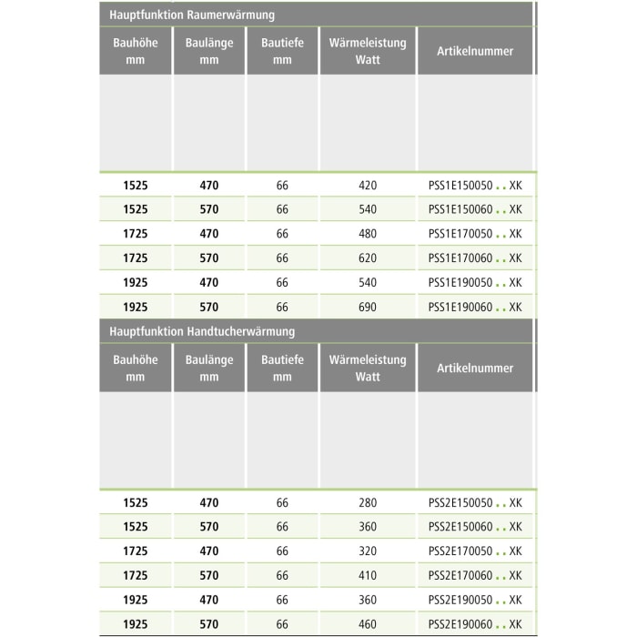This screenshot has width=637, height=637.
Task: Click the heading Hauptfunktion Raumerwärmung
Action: coord(192,15)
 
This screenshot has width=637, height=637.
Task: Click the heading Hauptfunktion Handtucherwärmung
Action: coord(201,332)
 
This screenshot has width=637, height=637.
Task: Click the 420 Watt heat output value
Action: coord(368,185)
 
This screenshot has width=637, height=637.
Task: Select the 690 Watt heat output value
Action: coord(368,308)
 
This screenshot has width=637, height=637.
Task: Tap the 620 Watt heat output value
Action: coord(368,258)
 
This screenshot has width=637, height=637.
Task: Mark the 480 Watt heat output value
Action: coord(368,234)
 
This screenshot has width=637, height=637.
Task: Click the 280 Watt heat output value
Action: coord(368,502)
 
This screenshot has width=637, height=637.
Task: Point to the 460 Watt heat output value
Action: coord(368,625)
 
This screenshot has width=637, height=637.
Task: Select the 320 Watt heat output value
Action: coord(368,551)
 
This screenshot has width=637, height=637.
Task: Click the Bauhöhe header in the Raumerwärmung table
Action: coord(136,51)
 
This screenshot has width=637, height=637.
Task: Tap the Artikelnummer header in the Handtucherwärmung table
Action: coord(475,369)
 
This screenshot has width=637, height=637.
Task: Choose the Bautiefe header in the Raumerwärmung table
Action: coord(282,51)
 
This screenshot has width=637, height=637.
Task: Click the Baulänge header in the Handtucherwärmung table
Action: coord(209,369)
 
